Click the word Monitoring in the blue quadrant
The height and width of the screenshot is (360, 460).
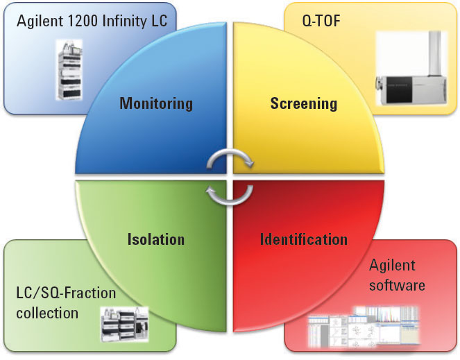(x=155, y=104)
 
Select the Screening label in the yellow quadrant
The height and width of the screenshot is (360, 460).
(x=303, y=104)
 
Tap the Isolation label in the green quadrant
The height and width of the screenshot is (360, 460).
(x=156, y=240)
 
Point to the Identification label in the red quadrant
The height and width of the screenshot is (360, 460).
(x=304, y=240)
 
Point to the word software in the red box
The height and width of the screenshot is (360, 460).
(x=397, y=284)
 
